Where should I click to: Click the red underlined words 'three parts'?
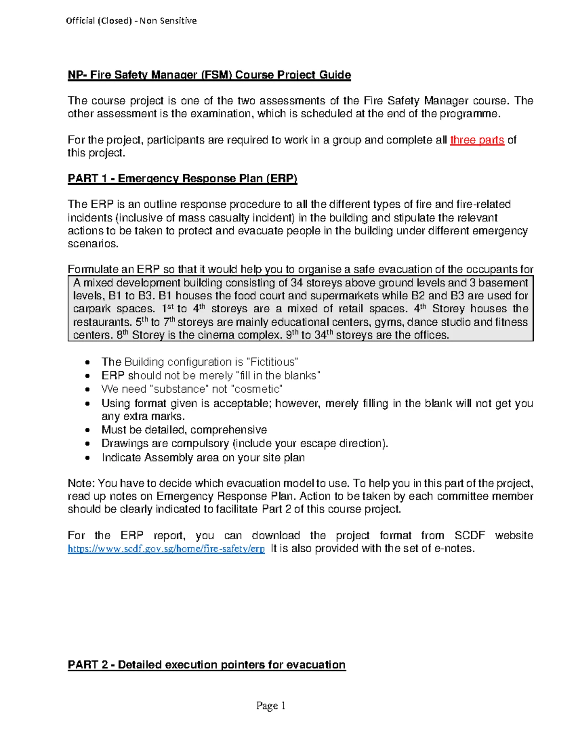(477, 140)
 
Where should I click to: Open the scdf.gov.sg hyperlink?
(166, 549)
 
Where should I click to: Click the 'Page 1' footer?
(271, 705)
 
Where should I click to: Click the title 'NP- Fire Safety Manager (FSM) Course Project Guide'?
(209, 75)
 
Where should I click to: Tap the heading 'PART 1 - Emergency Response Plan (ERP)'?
(182, 178)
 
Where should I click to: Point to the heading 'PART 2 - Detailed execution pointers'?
(206, 664)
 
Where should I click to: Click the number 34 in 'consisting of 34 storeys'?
(297, 283)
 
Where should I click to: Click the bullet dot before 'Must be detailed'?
(87, 430)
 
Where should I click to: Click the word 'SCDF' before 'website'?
(469, 535)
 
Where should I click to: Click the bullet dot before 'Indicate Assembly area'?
(87, 458)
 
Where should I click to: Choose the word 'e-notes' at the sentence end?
(454, 548)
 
